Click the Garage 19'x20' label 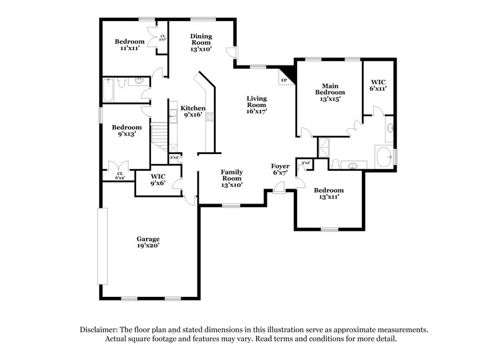click(x=148, y=242)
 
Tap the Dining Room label click(x=201, y=42)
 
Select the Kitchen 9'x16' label click(x=193, y=111)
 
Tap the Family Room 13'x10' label click(x=232, y=178)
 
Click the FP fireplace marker click(x=285, y=80)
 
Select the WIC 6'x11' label click(x=378, y=85)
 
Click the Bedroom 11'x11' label click(x=130, y=45)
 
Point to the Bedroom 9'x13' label click(x=126, y=131)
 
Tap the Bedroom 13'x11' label click(x=328, y=194)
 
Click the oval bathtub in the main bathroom click(x=385, y=157)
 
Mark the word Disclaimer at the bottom click(x=99, y=330)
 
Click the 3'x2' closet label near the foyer click(x=304, y=163)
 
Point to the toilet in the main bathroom click(x=335, y=163)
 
